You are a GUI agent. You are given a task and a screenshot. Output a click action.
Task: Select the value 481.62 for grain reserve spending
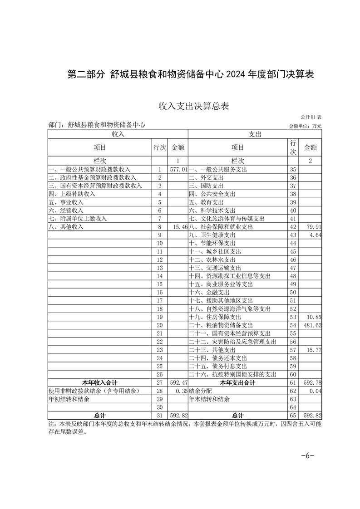(313, 325)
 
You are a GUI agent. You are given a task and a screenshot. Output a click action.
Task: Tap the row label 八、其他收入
(66, 226)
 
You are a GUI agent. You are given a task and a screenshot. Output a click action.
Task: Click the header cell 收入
(118, 134)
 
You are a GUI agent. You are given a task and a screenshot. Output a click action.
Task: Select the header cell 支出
(255, 134)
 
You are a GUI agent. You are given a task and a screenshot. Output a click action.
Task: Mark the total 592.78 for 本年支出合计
(313, 383)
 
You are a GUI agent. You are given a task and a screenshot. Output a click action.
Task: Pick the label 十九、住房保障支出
(215, 317)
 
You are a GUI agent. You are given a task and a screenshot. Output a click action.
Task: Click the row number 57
(293, 350)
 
